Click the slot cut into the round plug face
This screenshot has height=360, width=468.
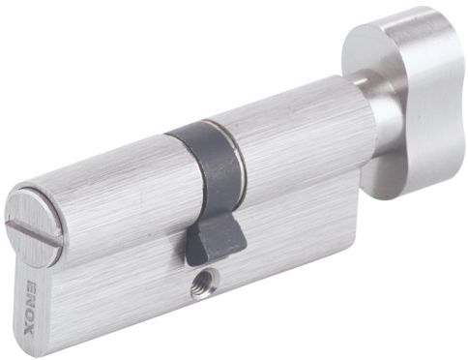pyautogui.click(x=31, y=228)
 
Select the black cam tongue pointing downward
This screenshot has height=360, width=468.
pyautogui.click(x=215, y=239)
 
